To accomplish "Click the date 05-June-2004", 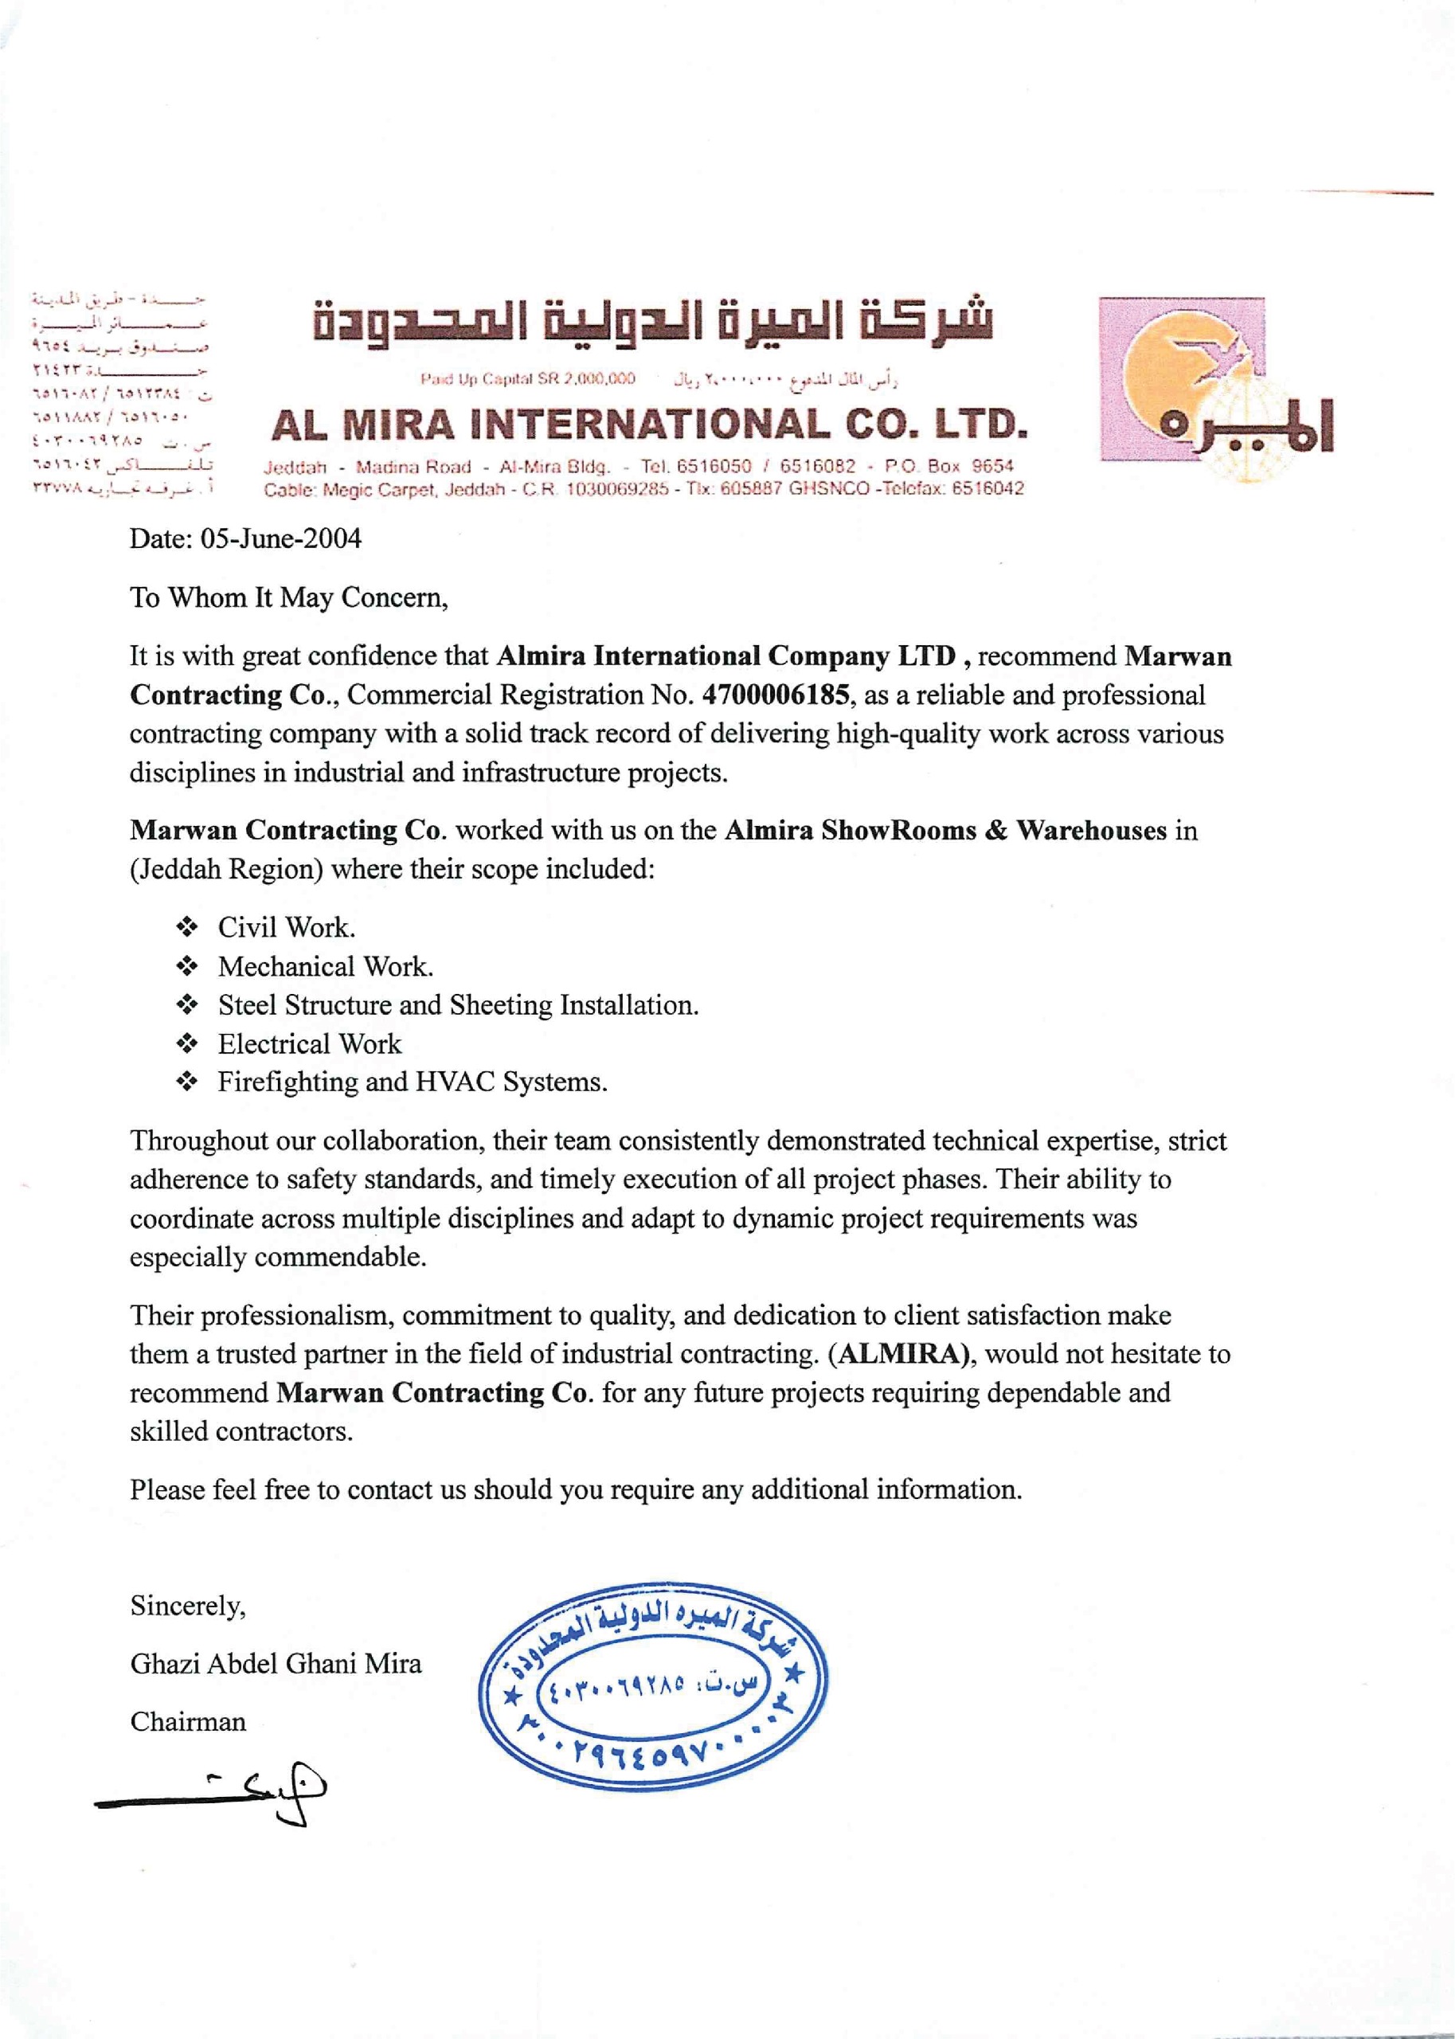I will [280, 538].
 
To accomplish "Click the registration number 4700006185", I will [776, 695].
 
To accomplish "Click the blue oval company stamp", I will [652, 1686].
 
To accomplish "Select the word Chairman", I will [187, 1722].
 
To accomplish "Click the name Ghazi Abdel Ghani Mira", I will [275, 1664].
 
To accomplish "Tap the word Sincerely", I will [187, 1606].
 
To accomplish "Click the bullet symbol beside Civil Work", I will [186, 926].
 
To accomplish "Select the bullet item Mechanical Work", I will [325, 967].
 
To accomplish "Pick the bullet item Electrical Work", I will [309, 1043].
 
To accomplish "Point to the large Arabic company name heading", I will [652, 321].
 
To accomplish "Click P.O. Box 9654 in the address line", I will [948, 466].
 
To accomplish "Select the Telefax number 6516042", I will [988, 489].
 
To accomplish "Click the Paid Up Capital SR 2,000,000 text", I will [528, 379].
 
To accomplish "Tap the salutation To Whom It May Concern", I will [288, 597].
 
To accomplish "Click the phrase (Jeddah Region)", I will [227, 870].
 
